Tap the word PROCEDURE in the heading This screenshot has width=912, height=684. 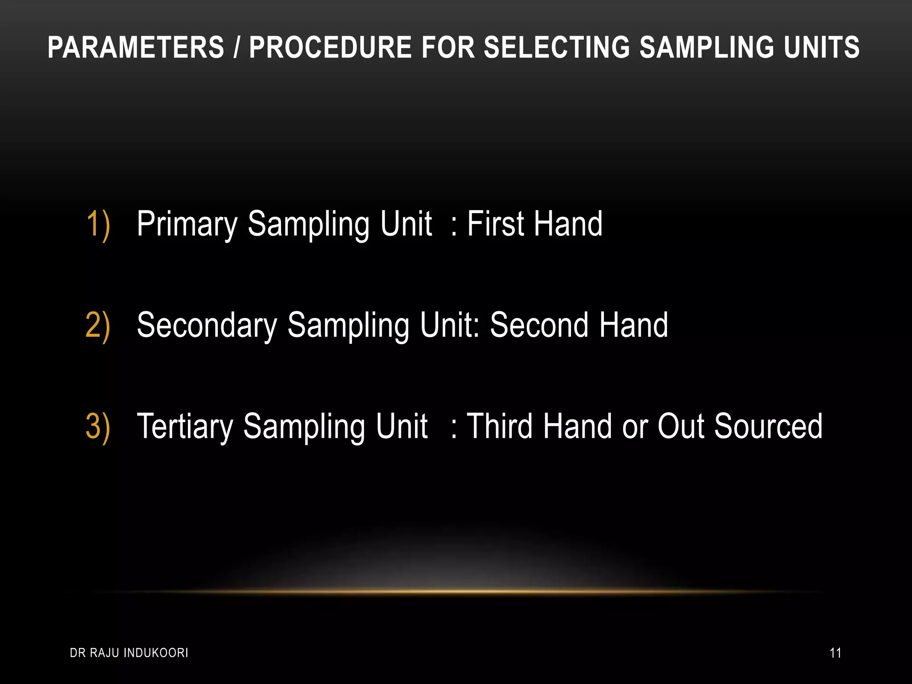tap(330, 48)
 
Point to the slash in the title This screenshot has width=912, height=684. tap(236, 48)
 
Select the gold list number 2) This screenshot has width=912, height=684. tap(98, 326)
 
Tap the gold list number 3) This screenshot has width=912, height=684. tap(98, 427)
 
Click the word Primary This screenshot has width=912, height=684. tap(187, 224)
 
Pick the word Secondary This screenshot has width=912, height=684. tap(207, 326)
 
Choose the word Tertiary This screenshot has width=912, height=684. tap(185, 427)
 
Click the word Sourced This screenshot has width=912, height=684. tap(768, 427)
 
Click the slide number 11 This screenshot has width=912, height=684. tap(835, 653)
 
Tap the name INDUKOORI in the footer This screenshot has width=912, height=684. tap(156, 653)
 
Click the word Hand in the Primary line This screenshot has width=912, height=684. tap(568, 224)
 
